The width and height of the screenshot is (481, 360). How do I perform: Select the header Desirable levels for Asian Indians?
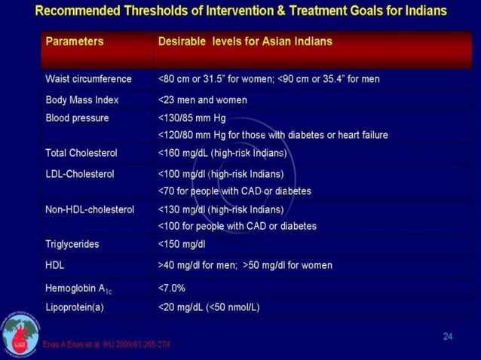(x=244, y=42)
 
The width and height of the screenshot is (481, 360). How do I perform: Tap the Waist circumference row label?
(x=88, y=79)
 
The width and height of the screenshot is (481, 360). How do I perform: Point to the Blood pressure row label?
(x=77, y=118)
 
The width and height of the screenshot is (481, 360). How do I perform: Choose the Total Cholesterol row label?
(x=81, y=153)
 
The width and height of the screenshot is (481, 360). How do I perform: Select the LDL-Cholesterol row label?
(x=80, y=174)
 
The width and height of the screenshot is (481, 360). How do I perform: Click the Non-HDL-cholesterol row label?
(x=90, y=209)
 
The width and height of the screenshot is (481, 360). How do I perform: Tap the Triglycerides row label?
(x=72, y=244)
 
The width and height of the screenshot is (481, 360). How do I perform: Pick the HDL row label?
(x=56, y=265)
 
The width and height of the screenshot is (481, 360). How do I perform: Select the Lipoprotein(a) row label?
(x=75, y=307)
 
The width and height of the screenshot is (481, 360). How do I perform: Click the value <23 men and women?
(x=202, y=99)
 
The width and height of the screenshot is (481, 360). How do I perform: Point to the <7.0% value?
(x=172, y=287)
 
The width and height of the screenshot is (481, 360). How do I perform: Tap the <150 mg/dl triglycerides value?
(x=182, y=244)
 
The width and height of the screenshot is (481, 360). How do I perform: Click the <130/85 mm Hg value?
(x=191, y=118)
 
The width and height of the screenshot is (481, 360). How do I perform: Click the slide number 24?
(x=447, y=336)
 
